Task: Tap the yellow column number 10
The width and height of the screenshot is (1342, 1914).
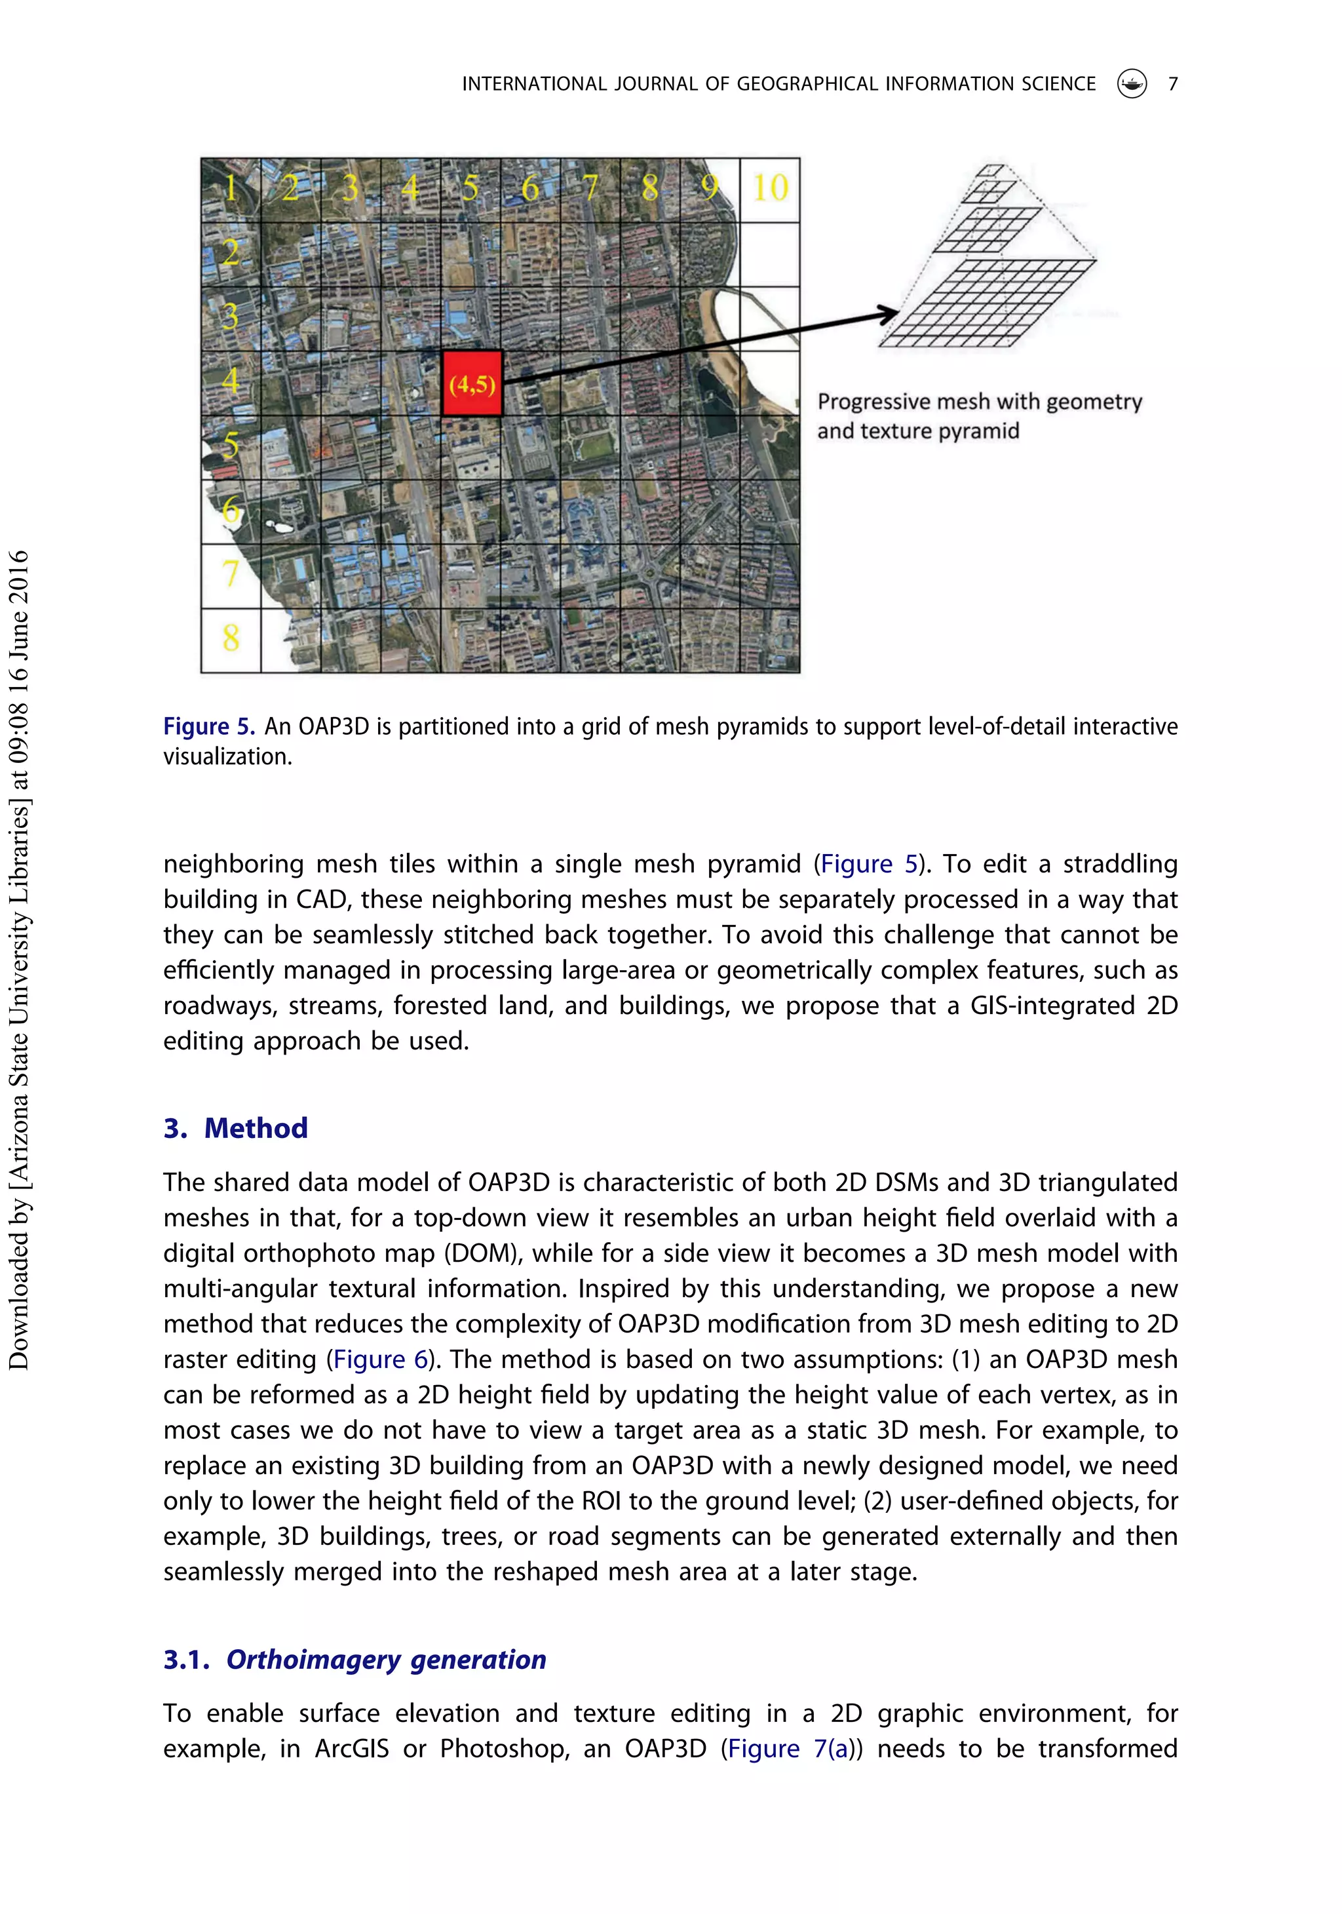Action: [769, 187]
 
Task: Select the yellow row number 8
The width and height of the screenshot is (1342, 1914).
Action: [231, 638]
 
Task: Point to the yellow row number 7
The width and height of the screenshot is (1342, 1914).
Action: [231, 574]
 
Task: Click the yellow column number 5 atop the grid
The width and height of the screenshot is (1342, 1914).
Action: [470, 188]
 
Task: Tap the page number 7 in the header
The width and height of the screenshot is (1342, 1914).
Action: [1172, 84]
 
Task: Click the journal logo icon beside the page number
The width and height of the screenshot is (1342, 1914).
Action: [1131, 83]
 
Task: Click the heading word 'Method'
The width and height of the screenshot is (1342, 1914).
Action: [256, 1128]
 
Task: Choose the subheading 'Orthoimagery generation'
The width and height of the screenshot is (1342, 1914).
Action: [386, 1660]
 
